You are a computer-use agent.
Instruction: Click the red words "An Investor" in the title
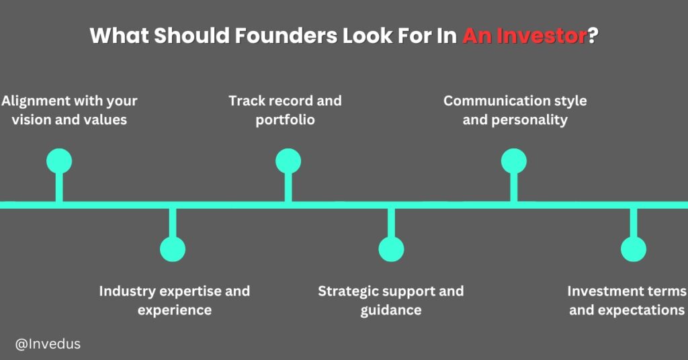point(525,36)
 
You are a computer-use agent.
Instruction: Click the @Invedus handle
point(48,344)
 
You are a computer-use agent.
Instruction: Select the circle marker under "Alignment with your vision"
point(59,162)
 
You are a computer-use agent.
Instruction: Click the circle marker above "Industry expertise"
point(173,249)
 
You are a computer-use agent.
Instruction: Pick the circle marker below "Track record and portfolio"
point(288,162)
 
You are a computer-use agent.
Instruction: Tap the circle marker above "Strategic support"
point(391,249)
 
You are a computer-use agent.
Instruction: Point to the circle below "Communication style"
point(514,162)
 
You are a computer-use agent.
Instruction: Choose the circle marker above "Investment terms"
point(633,249)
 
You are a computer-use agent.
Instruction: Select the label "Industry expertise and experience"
point(174,300)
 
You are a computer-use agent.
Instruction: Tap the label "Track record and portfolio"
point(285,111)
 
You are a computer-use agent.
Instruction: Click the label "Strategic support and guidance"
point(391,300)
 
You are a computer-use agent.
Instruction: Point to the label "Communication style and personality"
point(515,111)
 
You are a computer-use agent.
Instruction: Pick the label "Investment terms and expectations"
point(627,300)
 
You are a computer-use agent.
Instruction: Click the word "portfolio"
point(285,121)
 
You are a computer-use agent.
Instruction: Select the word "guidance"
point(391,310)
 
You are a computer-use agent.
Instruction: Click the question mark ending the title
point(593,36)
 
